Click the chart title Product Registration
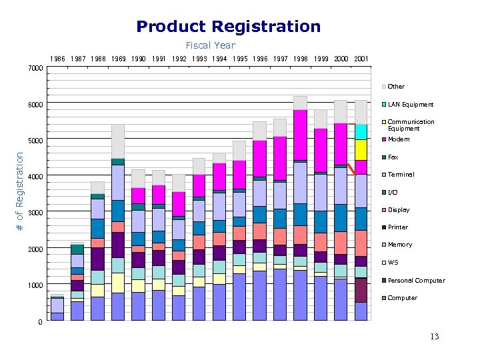coord(228,27)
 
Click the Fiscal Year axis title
coord(210,45)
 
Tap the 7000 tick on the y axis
coord(35,69)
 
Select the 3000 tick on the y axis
coord(35,213)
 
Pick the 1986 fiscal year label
coord(58,59)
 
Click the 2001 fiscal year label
coord(361,59)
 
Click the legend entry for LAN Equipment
coord(410,104)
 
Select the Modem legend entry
coord(399,139)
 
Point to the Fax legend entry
coord(393,157)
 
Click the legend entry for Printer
coord(397,227)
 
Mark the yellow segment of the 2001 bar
coord(361,149)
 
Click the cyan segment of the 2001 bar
coord(361,131)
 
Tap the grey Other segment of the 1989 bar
coord(118,141)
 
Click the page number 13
coord(435,337)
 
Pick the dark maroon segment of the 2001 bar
coord(361,290)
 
